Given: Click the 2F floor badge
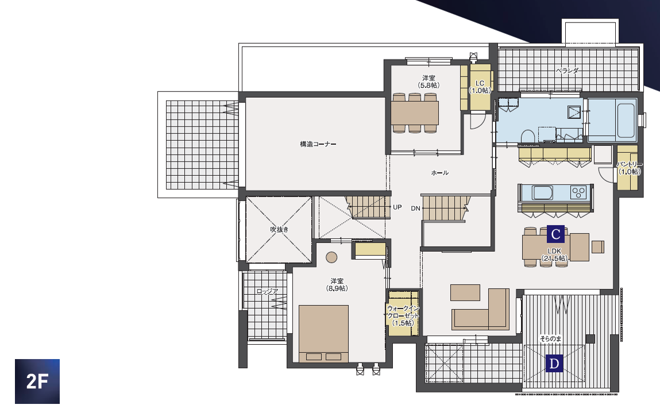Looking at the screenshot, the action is tap(37, 382).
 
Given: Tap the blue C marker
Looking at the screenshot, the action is tap(555, 234).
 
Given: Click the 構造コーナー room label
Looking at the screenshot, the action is tap(318, 144).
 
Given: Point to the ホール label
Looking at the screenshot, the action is tap(440, 173).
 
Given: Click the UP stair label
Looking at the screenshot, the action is tap(397, 207).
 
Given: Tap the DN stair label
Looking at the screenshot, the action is tap(415, 209).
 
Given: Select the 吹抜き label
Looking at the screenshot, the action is tap(280, 229).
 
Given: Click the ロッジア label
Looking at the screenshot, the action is tap(267, 291).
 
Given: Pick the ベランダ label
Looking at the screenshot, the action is tap(567, 71).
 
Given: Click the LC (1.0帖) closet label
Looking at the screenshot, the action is tap(480, 87).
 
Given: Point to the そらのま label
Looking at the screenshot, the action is tap(550, 338).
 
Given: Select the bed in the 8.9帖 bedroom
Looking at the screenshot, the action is tap(324, 334).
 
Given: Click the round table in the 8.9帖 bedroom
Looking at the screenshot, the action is tap(331, 257).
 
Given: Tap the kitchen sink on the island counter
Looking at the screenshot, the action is tap(542, 192).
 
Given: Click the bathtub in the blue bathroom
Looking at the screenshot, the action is tap(626, 120).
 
